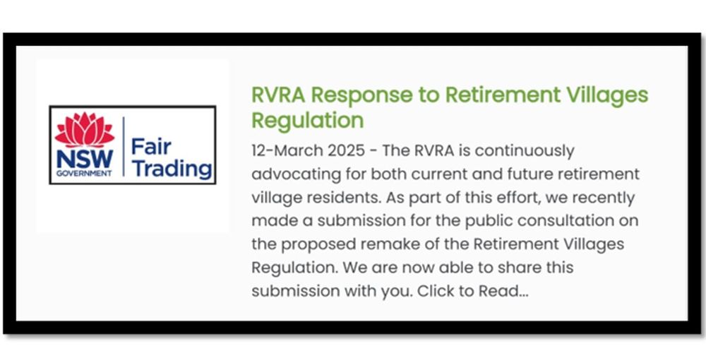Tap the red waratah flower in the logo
(x=85, y=130)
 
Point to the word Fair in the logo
(x=151, y=148)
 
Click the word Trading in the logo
(x=172, y=169)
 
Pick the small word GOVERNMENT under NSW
(x=84, y=173)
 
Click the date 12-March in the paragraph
(x=282, y=151)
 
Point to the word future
(x=506, y=174)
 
